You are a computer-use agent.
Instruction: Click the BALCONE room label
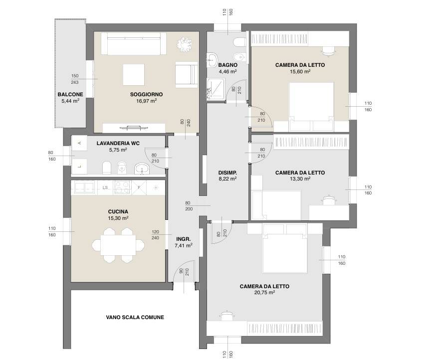click(70, 94)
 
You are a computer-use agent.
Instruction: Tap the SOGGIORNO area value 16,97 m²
click(146, 101)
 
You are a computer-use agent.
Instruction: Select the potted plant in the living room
click(184, 44)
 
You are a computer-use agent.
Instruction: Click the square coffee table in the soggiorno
click(134, 75)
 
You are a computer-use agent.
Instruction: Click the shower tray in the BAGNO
click(216, 89)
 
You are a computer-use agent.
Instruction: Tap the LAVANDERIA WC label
click(118, 143)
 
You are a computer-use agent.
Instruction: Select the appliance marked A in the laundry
click(79, 143)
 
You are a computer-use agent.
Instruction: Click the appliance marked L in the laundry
click(79, 167)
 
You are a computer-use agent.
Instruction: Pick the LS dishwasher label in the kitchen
click(105, 187)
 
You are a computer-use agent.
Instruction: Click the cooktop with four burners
click(122, 187)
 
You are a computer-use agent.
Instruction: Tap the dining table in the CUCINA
click(118, 245)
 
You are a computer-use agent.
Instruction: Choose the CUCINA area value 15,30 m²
click(118, 218)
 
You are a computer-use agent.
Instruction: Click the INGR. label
click(184, 239)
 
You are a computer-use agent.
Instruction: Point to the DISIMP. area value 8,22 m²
click(227, 179)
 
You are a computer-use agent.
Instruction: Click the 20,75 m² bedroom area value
click(264, 292)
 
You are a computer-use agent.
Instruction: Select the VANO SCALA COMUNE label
click(135, 317)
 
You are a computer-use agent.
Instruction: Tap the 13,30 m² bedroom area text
click(300, 179)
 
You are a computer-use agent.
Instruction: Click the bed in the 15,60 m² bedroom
click(311, 106)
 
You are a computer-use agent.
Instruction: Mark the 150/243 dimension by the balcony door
click(75, 79)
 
